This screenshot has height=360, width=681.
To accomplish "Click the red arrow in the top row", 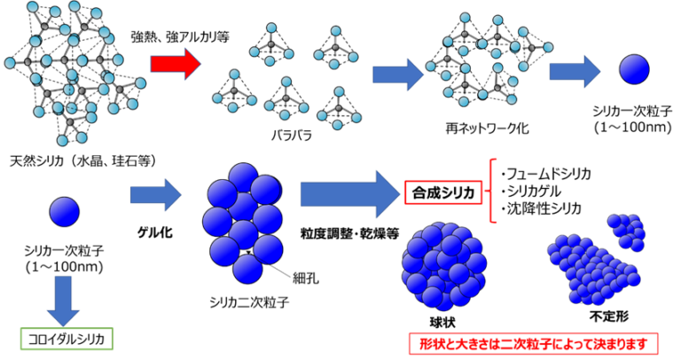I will coord(174,64).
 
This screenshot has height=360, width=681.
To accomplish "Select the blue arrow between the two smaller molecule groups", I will coord(396,74).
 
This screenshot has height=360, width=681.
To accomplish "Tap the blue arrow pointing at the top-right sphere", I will coord(574,71).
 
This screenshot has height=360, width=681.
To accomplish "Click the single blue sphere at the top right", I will coord(634,69).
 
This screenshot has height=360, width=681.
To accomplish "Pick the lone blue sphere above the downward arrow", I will coord(64,211).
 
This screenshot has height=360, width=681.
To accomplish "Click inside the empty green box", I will coord(67,339).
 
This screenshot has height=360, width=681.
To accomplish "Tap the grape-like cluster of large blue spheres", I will coord(243,223).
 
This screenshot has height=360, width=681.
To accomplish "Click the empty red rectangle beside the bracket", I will coord(443,192).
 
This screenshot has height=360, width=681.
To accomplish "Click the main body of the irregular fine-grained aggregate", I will coord(590,270).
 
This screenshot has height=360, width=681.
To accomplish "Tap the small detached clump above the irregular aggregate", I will coord(627,231).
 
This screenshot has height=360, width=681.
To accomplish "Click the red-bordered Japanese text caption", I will coord(533,343).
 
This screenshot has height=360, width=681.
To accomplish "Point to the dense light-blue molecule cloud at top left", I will coord(71,71).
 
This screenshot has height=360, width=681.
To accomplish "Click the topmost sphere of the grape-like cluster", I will coord(243,176).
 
